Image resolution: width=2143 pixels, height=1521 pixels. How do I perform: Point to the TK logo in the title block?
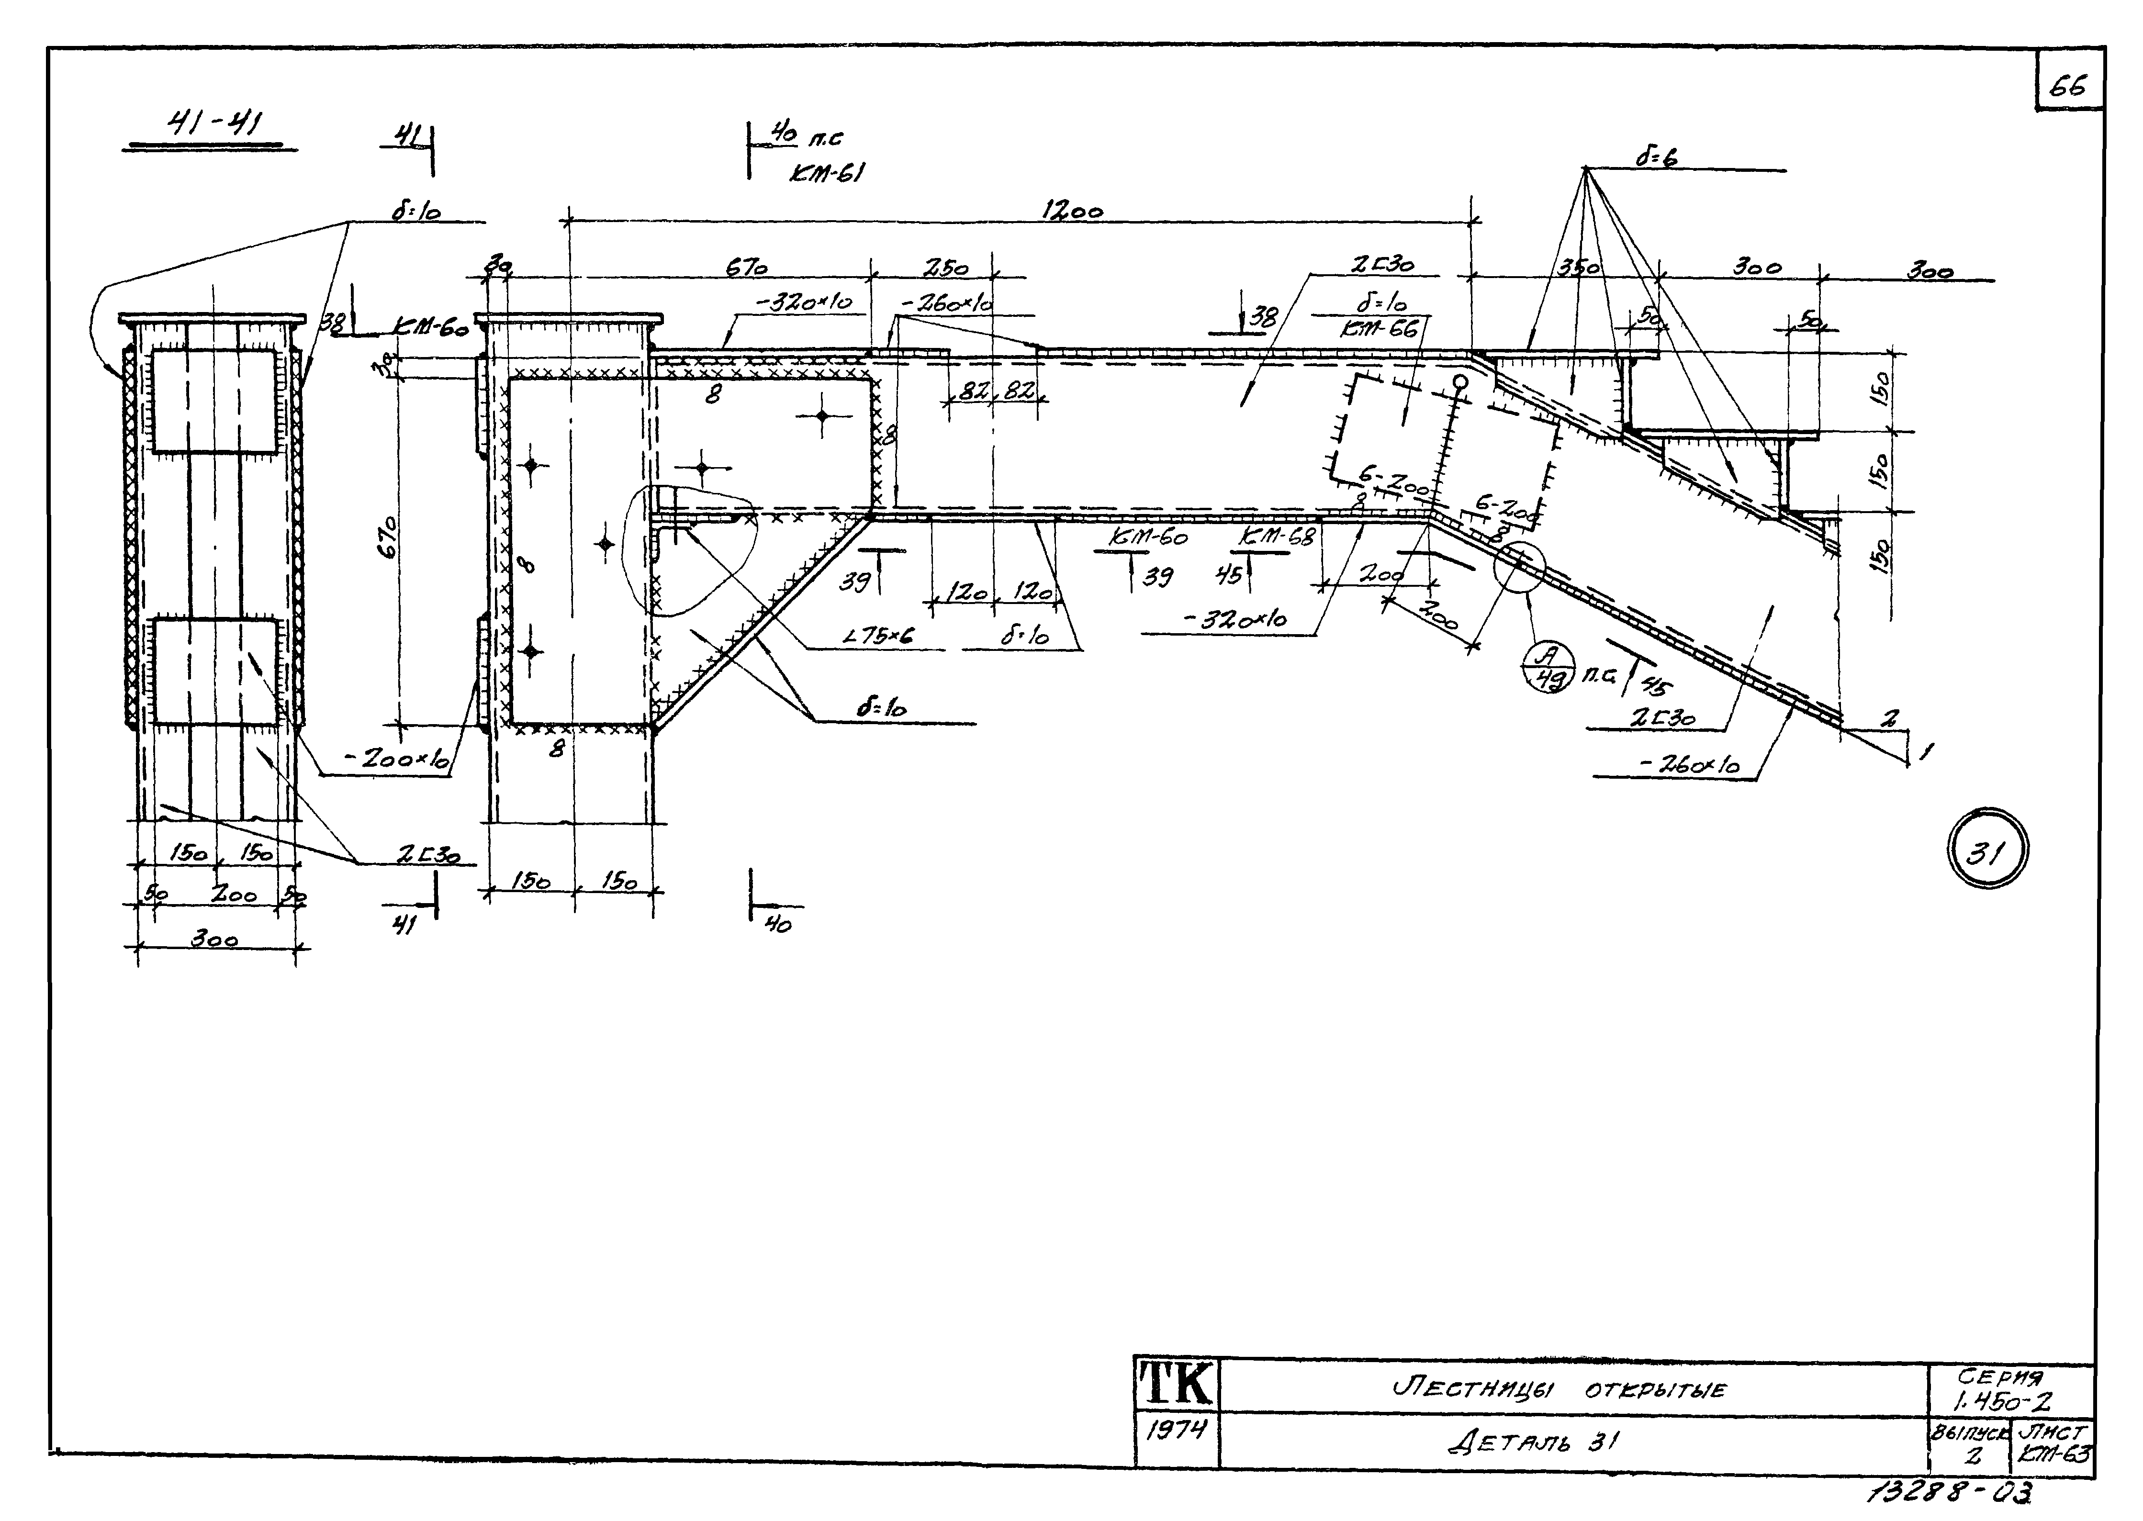(1177, 1384)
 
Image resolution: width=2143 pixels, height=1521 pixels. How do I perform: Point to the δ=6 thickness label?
(1656, 157)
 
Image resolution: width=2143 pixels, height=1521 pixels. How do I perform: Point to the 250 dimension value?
(945, 269)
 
